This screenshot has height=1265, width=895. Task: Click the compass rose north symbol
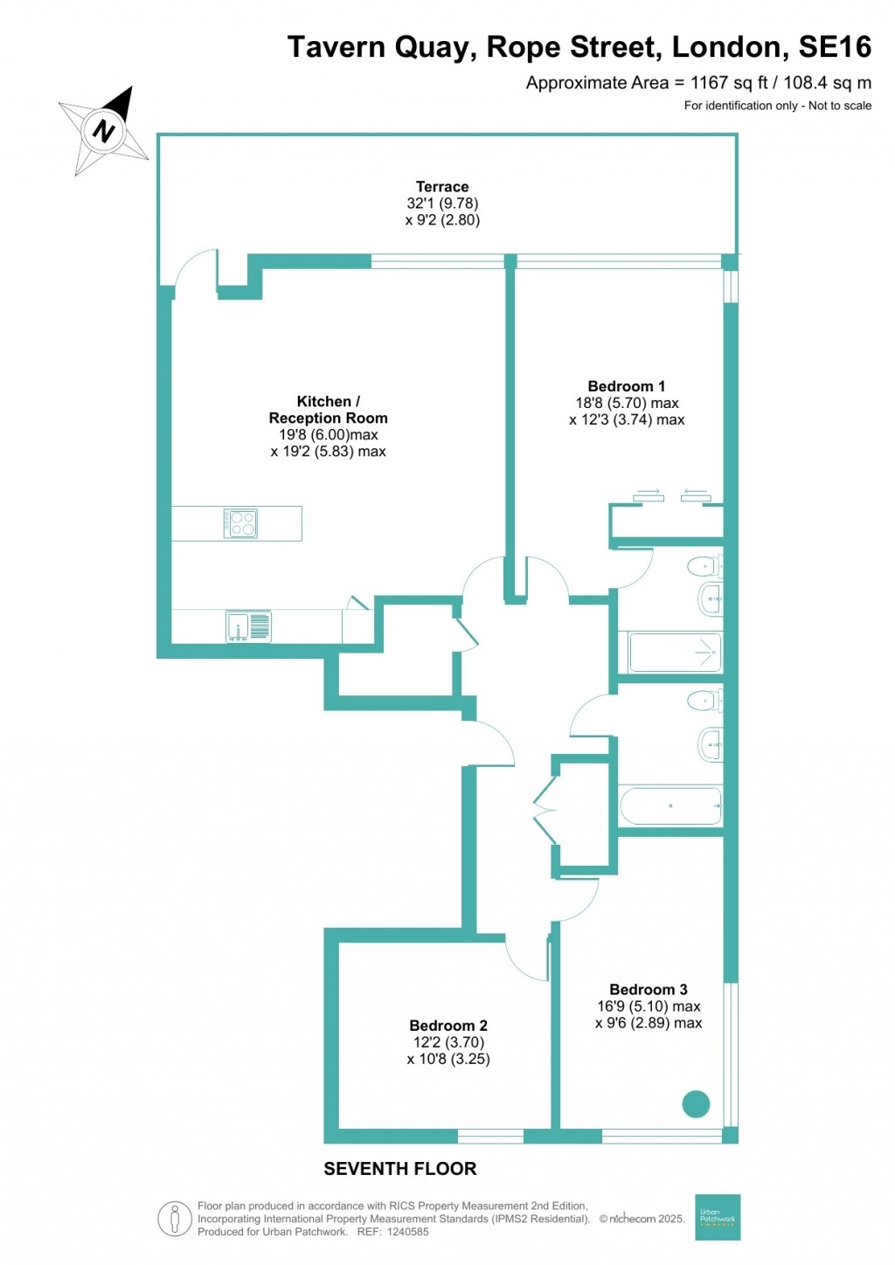(105, 131)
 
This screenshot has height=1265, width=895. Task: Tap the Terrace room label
(442, 187)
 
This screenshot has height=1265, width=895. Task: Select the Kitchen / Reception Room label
(328, 410)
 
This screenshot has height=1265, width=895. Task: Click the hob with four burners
(239, 523)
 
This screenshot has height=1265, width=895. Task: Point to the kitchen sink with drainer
(249, 626)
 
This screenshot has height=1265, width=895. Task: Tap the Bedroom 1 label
(626, 386)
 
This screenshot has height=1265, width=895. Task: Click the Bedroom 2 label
(448, 1026)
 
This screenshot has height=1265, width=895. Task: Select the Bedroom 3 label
(648, 990)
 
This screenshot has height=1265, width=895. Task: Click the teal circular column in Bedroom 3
(696, 1104)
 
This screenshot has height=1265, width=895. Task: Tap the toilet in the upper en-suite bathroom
(704, 568)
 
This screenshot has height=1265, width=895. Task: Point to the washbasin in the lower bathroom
(711, 745)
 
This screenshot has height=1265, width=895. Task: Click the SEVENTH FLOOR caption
(400, 1169)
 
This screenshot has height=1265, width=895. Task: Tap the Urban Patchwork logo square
(718, 1217)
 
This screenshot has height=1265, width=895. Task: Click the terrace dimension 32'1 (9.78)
(442, 204)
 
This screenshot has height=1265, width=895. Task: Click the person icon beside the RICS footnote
(175, 1219)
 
